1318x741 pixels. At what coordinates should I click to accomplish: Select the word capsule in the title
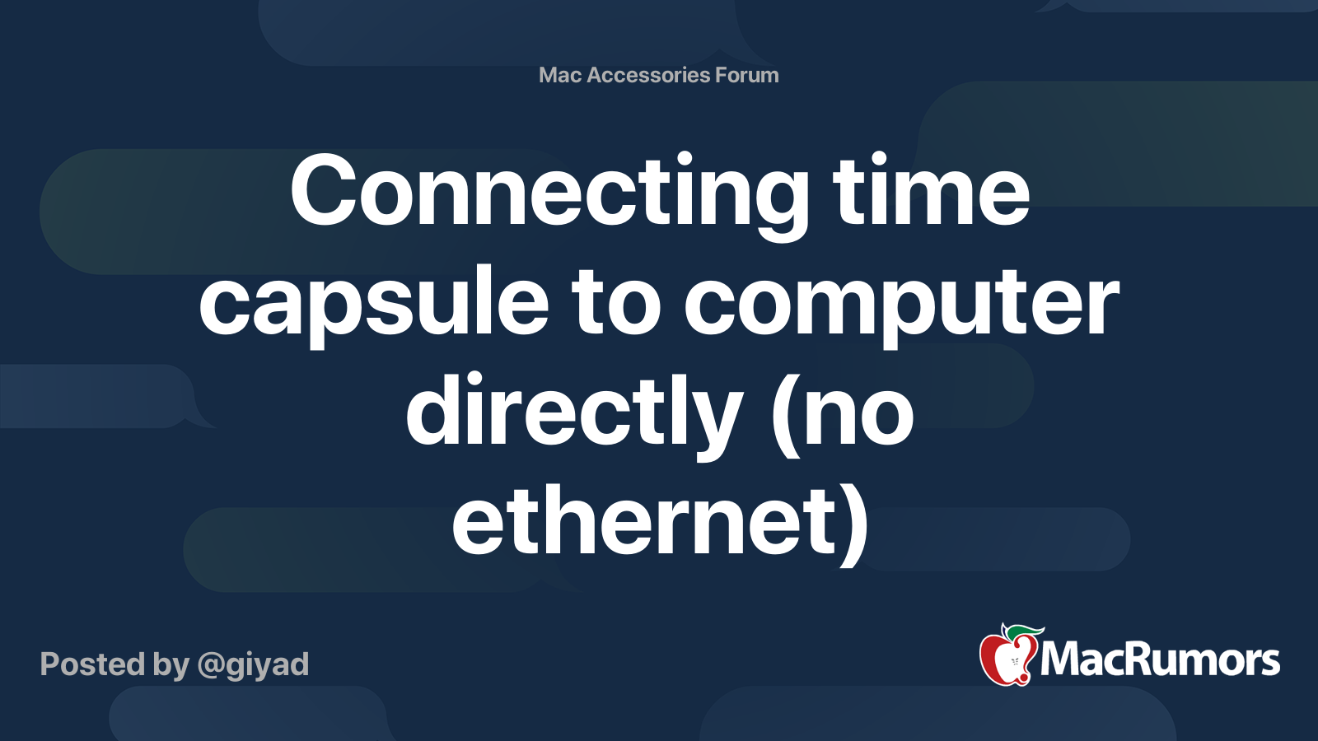(373, 303)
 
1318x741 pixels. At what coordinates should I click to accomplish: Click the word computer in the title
(901, 303)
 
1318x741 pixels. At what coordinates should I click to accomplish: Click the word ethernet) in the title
(659, 521)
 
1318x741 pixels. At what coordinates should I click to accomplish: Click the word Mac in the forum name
(560, 75)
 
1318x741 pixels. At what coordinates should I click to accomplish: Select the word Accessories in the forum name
(648, 75)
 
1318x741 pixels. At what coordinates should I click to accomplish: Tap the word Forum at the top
(746, 75)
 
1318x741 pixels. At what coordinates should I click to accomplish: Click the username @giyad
(253, 664)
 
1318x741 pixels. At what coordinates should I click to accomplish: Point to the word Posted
(91, 664)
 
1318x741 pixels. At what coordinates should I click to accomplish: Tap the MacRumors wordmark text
(1160, 659)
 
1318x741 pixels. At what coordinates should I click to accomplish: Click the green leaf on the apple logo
(1025, 632)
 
